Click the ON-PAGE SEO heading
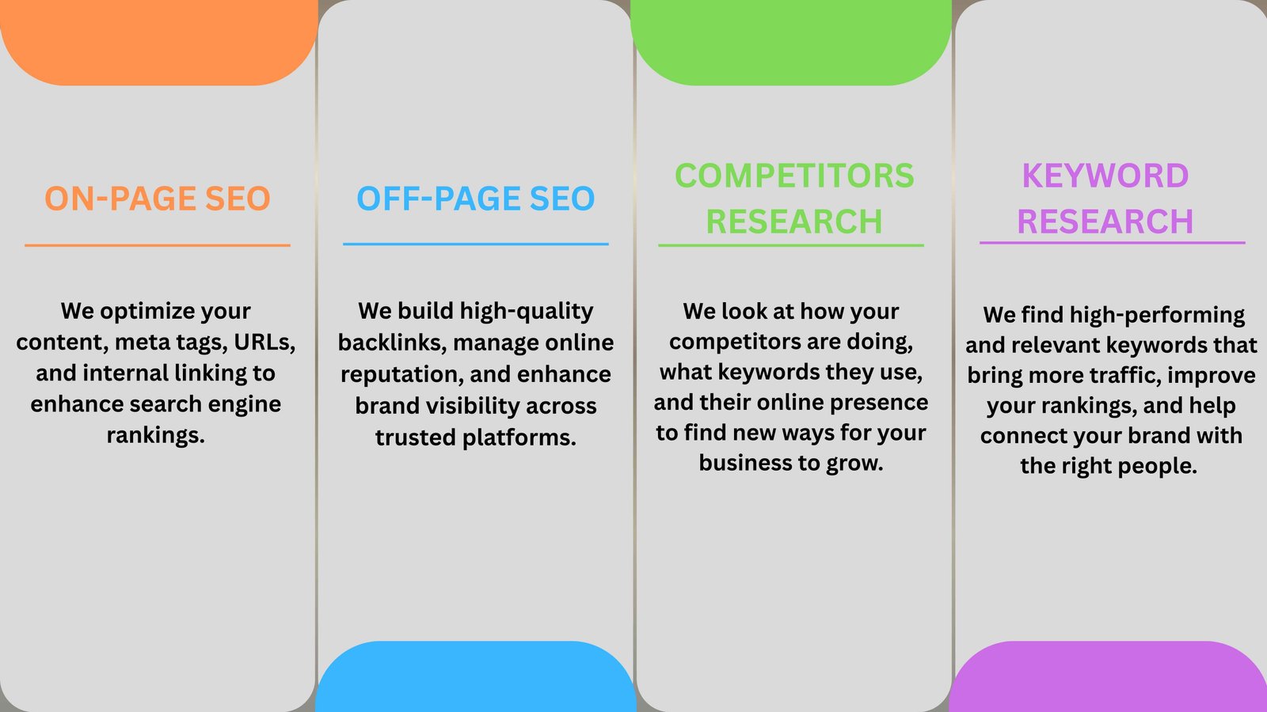pyautogui.click(x=158, y=199)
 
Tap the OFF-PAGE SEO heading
pyautogui.click(x=476, y=199)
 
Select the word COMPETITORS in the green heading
pyautogui.click(x=794, y=175)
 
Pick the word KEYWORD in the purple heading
pyautogui.click(x=1105, y=175)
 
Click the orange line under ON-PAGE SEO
pyautogui.click(x=158, y=245)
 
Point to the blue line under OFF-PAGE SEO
pyautogui.click(x=476, y=244)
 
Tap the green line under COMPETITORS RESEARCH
pyautogui.click(x=791, y=245)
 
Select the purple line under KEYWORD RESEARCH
pyautogui.click(x=1112, y=243)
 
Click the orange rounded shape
pyautogui.click(x=158, y=40)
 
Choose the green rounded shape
pyautogui.click(x=791, y=40)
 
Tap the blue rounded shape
pyautogui.click(x=476, y=677)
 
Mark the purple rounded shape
pyautogui.click(x=1108, y=677)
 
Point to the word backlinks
pyautogui.click(x=390, y=343)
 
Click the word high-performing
pyautogui.click(x=1157, y=316)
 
